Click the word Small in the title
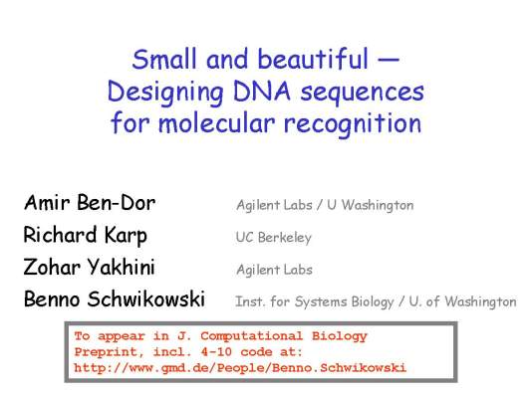(164, 59)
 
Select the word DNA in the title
(262, 91)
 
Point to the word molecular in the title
(216, 122)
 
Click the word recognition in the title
(353, 123)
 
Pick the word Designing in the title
(165, 93)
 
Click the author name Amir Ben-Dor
(90, 203)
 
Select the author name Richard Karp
(86, 235)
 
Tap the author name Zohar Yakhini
(89, 267)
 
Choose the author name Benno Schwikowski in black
(115, 298)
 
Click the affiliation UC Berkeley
(274, 238)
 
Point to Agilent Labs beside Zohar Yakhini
(274, 270)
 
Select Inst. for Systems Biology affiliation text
(315, 301)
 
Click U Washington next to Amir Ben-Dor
(371, 205)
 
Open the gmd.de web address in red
(240, 367)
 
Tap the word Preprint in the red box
(106, 352)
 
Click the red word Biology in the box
(340, 336)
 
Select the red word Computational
(251, 336)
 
